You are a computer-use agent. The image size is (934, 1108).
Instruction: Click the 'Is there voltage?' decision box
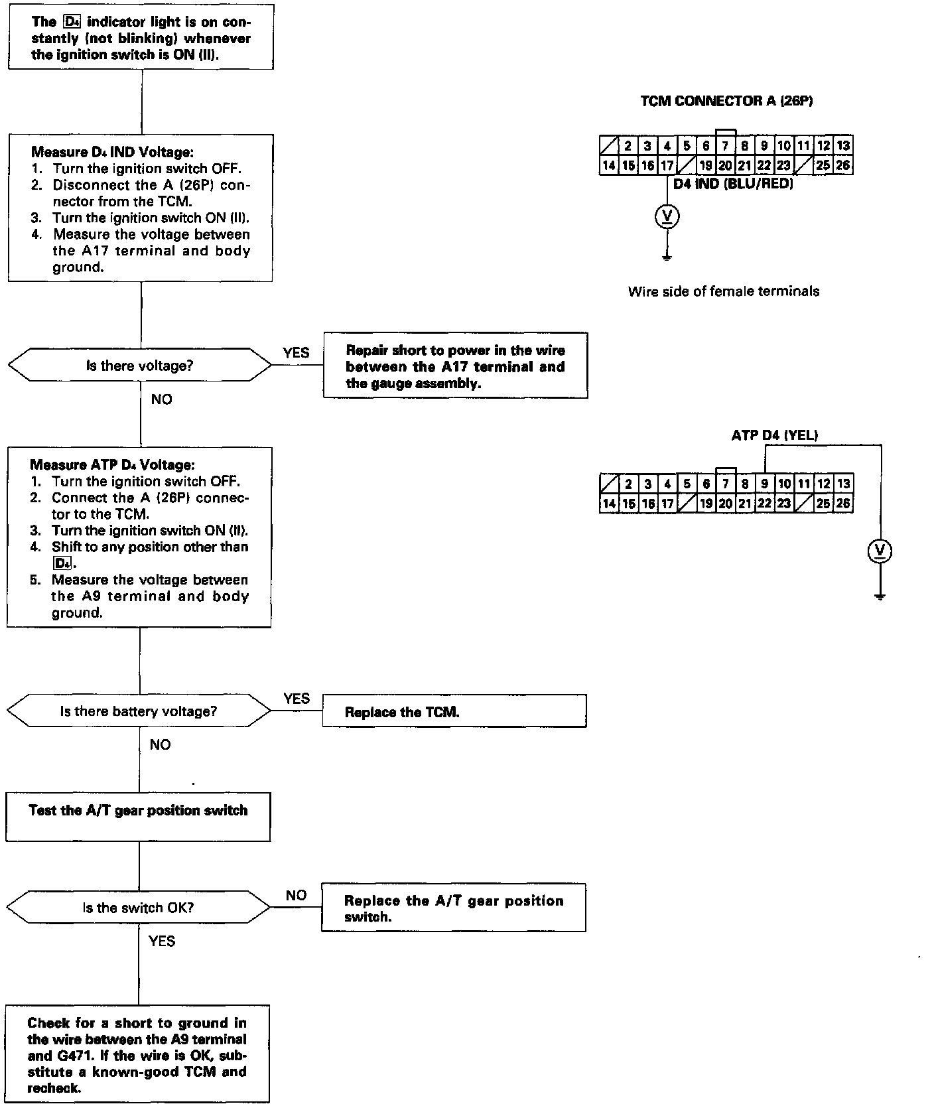(x=139, y=366)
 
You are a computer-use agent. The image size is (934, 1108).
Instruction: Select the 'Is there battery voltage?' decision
(x=139, y=711)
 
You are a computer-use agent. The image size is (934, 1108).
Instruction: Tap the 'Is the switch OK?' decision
(x=139, y=908)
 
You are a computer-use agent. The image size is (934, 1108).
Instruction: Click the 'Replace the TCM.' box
(x=454, y=712)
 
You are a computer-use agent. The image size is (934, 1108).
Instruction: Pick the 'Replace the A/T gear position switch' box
(x=453, y=908)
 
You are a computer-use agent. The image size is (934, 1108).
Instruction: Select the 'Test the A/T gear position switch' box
(x=138, y=817)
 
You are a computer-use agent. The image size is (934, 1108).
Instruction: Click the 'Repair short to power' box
(x=455, y=366)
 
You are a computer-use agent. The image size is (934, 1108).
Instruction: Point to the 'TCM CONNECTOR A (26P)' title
(x=726, y=101)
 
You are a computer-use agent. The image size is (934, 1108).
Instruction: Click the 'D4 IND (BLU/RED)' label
(x=733, y=184)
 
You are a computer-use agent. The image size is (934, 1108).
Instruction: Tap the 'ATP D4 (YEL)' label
(x=774, y=435)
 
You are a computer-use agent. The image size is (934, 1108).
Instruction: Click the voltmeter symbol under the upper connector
(x=667, y=216)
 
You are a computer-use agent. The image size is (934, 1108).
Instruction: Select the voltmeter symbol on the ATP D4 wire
(x=880, y=551)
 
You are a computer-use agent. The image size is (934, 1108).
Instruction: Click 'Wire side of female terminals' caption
(x=724, y=291)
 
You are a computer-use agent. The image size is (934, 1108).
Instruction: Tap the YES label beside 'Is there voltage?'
(x=296, y=352)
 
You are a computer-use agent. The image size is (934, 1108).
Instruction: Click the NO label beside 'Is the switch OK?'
(x=296, y=895)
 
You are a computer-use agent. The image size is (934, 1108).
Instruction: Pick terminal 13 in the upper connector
(x=843, y=146)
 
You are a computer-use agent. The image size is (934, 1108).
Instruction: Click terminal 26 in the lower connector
(x=843, y=504)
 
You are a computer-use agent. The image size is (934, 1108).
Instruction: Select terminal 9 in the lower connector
(x=765, y=484)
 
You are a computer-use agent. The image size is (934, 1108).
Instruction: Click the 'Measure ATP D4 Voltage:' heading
(x=112, y=465)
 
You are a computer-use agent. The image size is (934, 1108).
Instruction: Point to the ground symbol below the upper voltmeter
(x=667, y=257)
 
